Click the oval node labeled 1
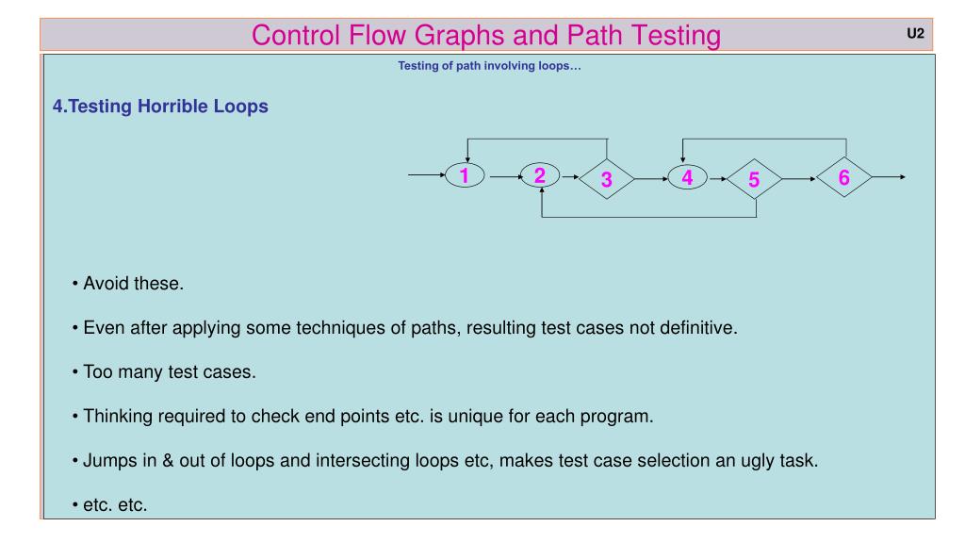tap(465, 175)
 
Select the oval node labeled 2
tap(540, 175)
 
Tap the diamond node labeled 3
tap(606, 177)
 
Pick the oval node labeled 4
tap(687, 175)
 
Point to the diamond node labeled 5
tap(754, 178)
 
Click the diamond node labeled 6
tap(844, 176)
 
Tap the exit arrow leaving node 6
tap(890, 176)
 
